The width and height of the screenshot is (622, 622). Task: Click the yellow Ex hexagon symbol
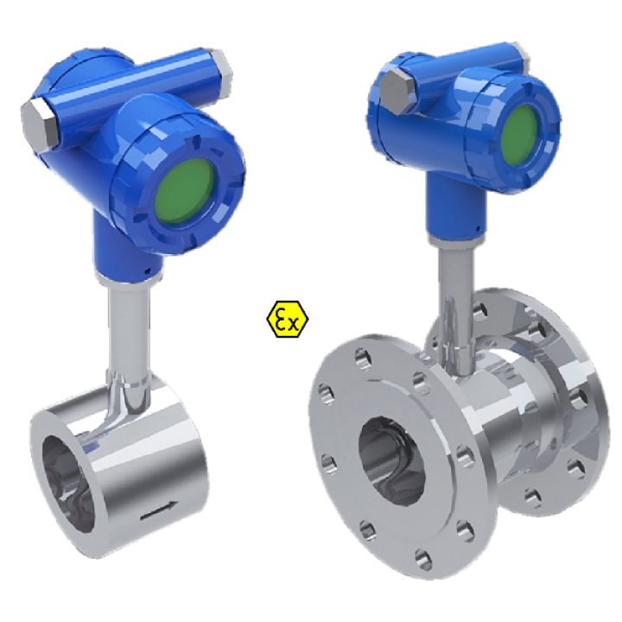(288, 320)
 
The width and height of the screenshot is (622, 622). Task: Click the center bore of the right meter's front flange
(393, 459)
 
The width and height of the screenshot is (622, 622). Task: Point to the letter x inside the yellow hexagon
(295, 323)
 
